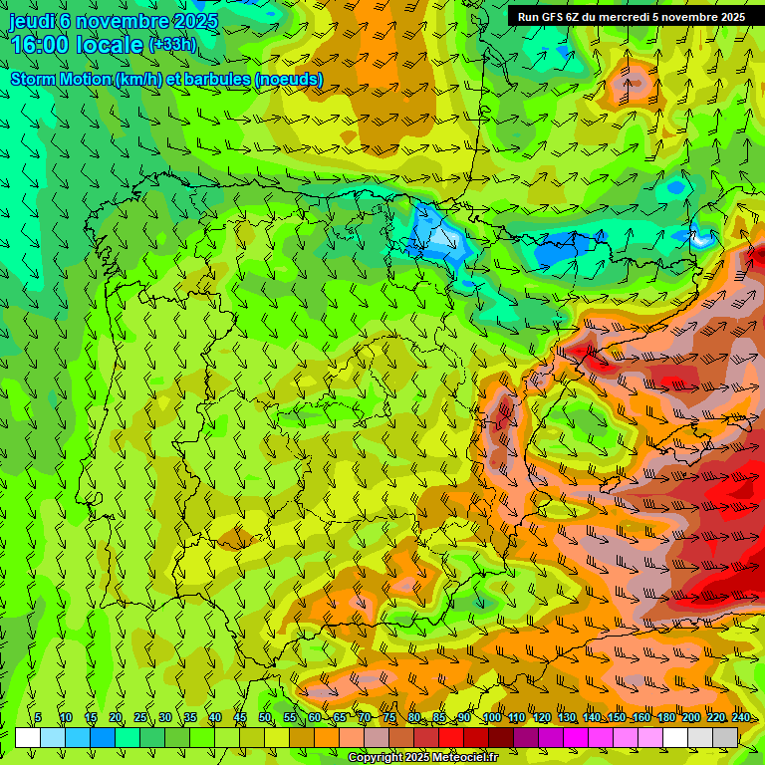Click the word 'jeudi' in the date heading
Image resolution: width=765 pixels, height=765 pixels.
coord(33,21)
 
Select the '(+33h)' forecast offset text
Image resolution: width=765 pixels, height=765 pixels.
coord(172,45)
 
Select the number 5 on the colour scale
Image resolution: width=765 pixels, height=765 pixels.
coord(38,718)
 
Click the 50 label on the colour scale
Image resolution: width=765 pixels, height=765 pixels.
coord(265,718)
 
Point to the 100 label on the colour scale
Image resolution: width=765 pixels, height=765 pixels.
coord(492,718)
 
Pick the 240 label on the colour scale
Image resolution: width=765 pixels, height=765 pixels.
coord(741,718)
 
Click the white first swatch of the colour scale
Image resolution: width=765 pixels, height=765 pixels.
coord(28,737)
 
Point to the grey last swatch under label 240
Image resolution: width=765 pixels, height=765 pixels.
coord(725,737)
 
